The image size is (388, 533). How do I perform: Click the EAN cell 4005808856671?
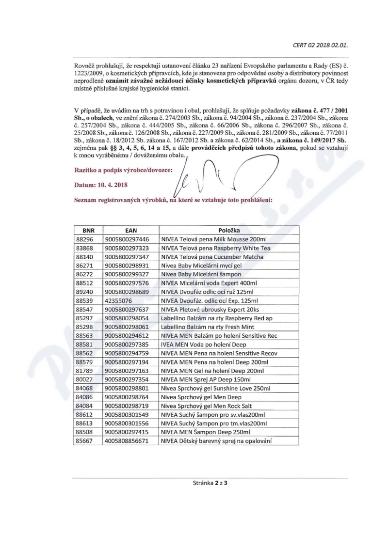[127, 441]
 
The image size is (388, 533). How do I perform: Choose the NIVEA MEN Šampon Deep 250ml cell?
[206, 432]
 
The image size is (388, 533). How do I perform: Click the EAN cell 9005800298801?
[127, 389]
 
